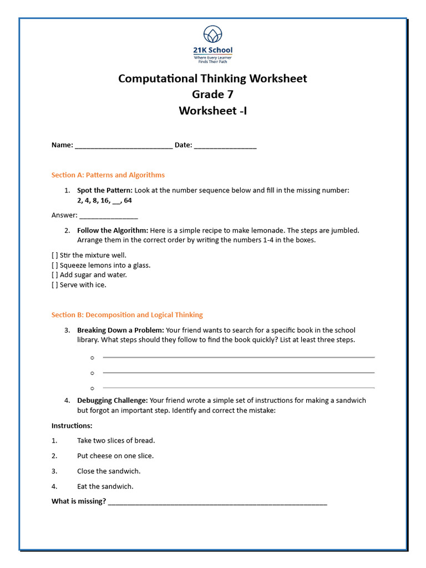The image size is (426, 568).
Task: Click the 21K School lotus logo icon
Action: click(x=212, y=35)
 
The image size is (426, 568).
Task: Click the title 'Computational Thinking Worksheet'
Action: click(x=212, y=78)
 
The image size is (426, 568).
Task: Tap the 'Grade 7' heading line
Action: click(x=212, y=94)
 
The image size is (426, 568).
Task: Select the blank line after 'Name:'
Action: click(x=123, y=146)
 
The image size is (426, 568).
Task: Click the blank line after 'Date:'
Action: click(x=225, y=146)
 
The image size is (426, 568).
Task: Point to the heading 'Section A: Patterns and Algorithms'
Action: click(x=108, y=175)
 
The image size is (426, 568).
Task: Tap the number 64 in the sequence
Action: click(x=128, y=200)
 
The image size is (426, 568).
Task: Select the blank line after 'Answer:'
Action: click(x=109, y=216)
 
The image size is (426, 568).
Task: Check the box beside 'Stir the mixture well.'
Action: click(x=54, y=255)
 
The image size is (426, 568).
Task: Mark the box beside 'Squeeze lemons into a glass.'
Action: click(x=54, y=265)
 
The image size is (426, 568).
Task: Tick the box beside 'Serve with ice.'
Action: click(x=54, y=285)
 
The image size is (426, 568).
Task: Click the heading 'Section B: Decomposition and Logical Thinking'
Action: click(x=127, y=315)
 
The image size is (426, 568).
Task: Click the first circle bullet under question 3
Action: click(x=92, y=358)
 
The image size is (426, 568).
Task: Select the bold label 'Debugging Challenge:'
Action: click(x=113, y=400)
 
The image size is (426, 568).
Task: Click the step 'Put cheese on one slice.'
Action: click(x=115, y=456)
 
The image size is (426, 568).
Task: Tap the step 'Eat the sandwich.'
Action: click(x=105, y=486)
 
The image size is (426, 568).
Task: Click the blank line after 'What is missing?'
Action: click(x=217, y=503)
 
